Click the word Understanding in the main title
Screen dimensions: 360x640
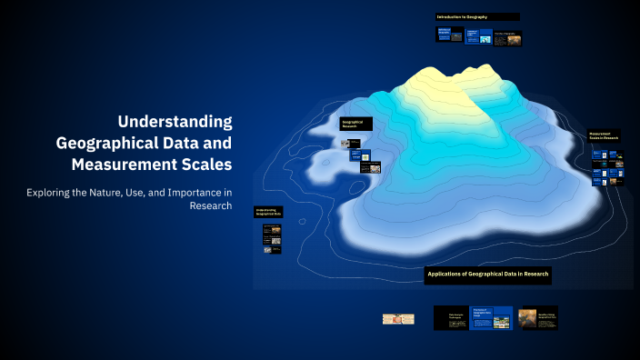tap(175, 122)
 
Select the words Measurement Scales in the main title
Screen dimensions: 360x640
tap(151, 165)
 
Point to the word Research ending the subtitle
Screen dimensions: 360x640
tap(210, 206)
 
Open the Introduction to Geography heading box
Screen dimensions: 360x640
tap(477, 16)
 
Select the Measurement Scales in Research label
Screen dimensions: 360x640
tap(603, 137)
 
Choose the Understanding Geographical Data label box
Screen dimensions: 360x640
tap(268, 212)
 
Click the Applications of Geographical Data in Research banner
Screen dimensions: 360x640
tap(488, 274)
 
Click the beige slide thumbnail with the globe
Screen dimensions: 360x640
tap(398, 319)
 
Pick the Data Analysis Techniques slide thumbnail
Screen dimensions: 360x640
tap(451, 317)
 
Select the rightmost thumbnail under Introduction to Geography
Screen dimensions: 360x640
tap(507, 36)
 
